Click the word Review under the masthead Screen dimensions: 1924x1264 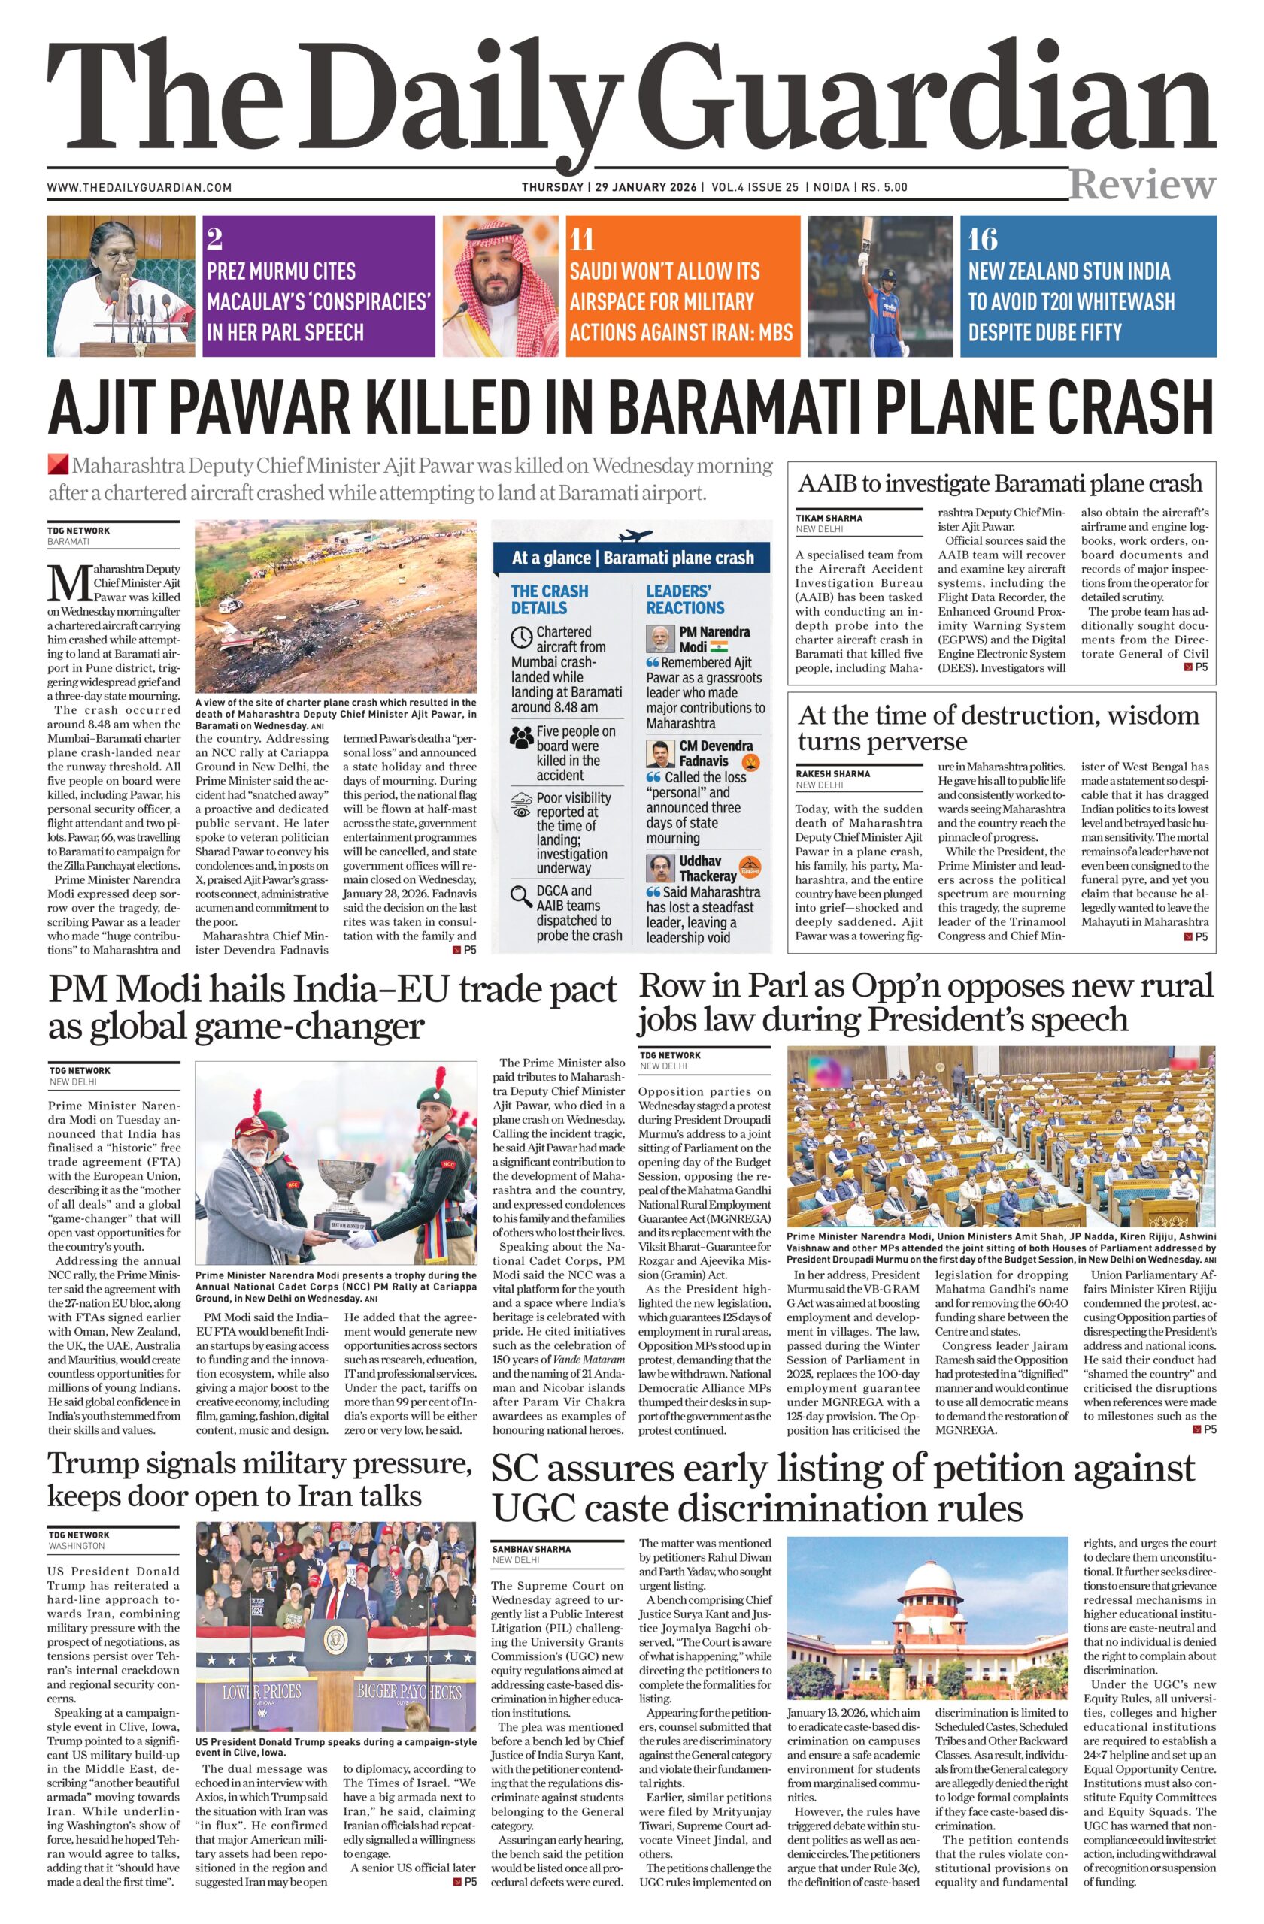(x=1142, y=185)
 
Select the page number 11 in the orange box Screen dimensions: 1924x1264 (x=581, y=240)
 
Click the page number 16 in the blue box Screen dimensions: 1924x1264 (x=984, y=240)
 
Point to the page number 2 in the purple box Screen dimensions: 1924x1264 (x=214, y=240)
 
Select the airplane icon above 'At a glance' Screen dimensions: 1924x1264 (x=634, y=536)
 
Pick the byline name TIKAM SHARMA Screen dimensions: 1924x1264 (x=829, y=517)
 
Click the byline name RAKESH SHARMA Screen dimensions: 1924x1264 (x=833, y=773)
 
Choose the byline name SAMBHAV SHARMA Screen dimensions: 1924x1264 (x=531, y=1549)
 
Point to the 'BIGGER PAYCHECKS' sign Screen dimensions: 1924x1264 (x=409, y=1690)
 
